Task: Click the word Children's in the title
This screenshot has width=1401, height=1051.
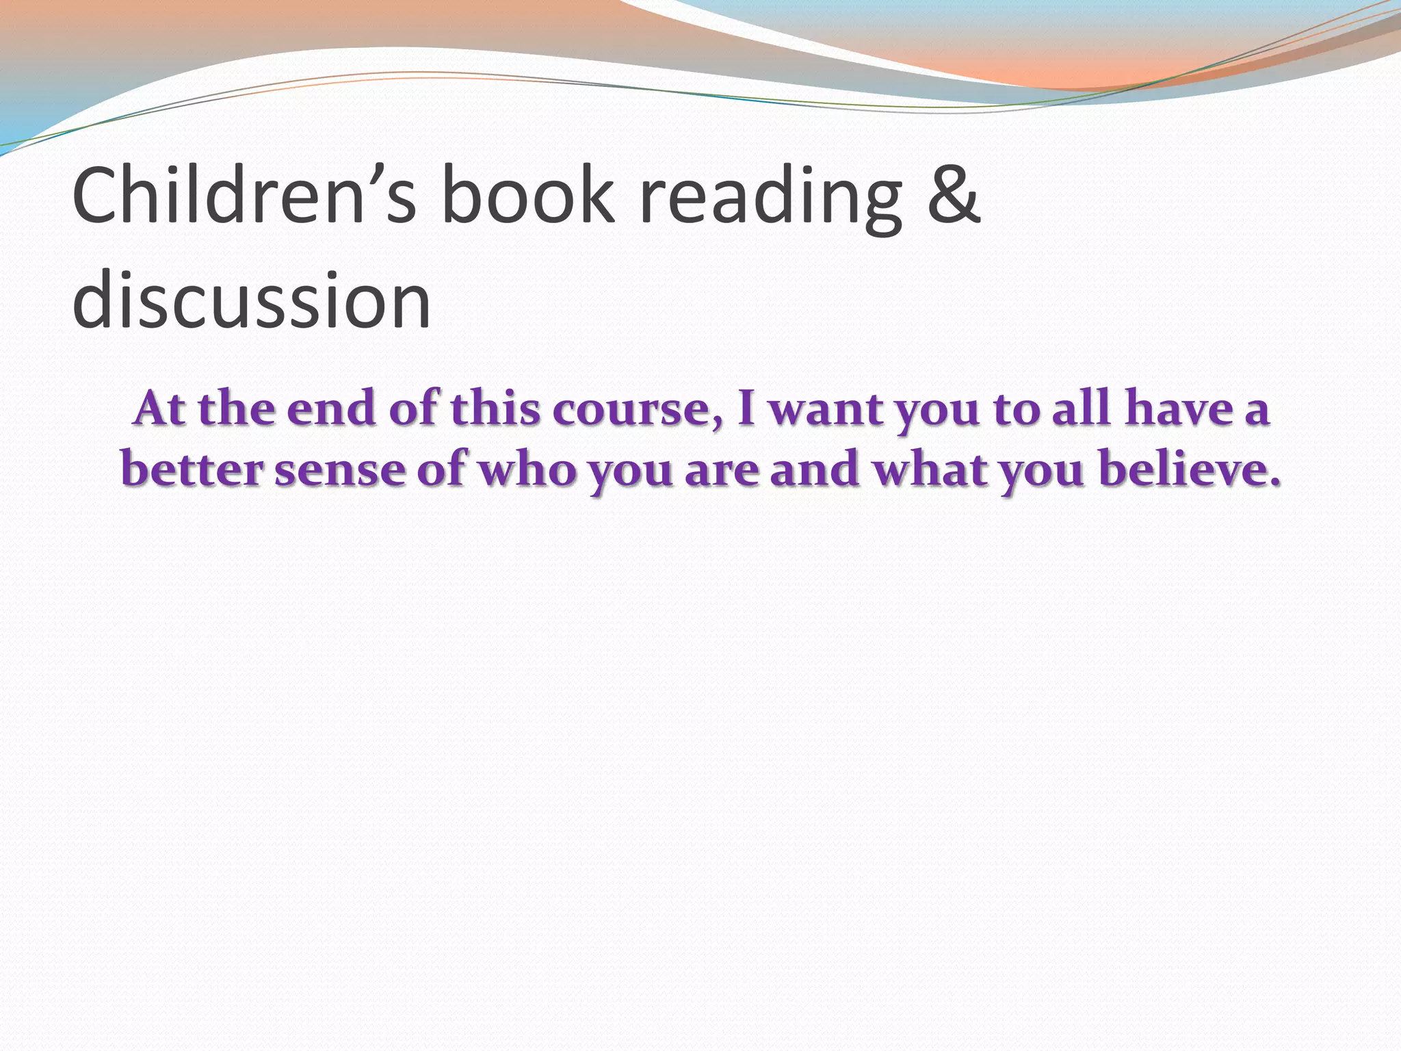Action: (244, 196)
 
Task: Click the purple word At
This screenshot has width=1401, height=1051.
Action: (160, 409)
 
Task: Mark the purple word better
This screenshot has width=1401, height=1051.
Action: (192, 470)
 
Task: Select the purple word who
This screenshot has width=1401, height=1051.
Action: (526, 470)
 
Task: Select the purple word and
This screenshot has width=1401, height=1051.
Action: (814, 470)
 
